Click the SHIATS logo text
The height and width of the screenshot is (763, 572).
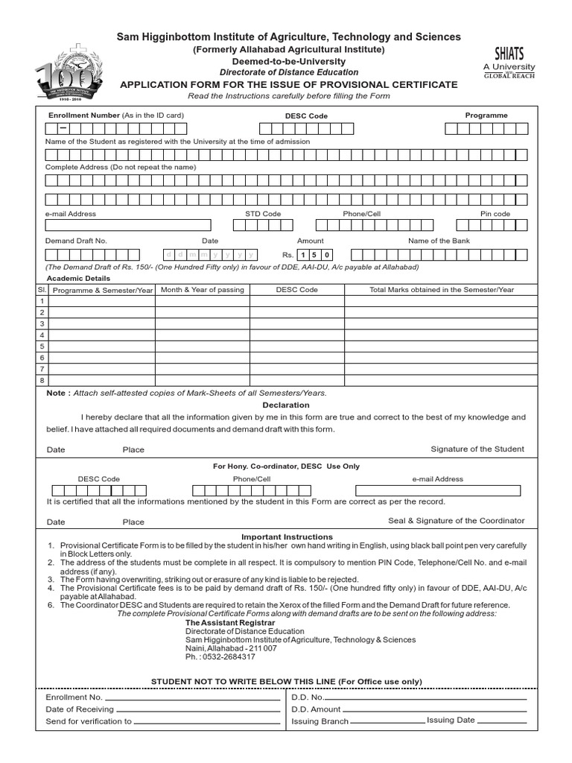pos(509,54)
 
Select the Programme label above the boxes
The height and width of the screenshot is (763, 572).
pos(486,115)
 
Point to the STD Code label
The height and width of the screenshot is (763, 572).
pos(263,214)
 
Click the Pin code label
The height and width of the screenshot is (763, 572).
pos(495,214)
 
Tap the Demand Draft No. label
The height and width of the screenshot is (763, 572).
pos(76,241)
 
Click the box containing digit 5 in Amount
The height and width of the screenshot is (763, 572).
pos(316,255)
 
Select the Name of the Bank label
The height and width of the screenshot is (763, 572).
pos(439,241)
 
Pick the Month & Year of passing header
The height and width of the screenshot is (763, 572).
pos(202,290)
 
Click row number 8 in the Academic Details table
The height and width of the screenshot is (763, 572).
pos(42,380)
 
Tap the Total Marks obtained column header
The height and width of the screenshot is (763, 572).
pos(442,290)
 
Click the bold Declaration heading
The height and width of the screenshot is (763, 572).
pos(286,405)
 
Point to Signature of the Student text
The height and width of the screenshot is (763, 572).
pos(477,449)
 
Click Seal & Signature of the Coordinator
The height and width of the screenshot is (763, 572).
pos(456,521)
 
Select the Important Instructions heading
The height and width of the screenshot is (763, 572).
pos(287,536)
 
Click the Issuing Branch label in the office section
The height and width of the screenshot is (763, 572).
pos(320,722)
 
